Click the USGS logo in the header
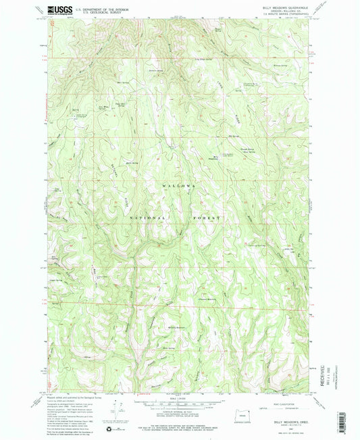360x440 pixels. coord(58,10)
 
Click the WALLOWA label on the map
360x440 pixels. coord(178,184)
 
